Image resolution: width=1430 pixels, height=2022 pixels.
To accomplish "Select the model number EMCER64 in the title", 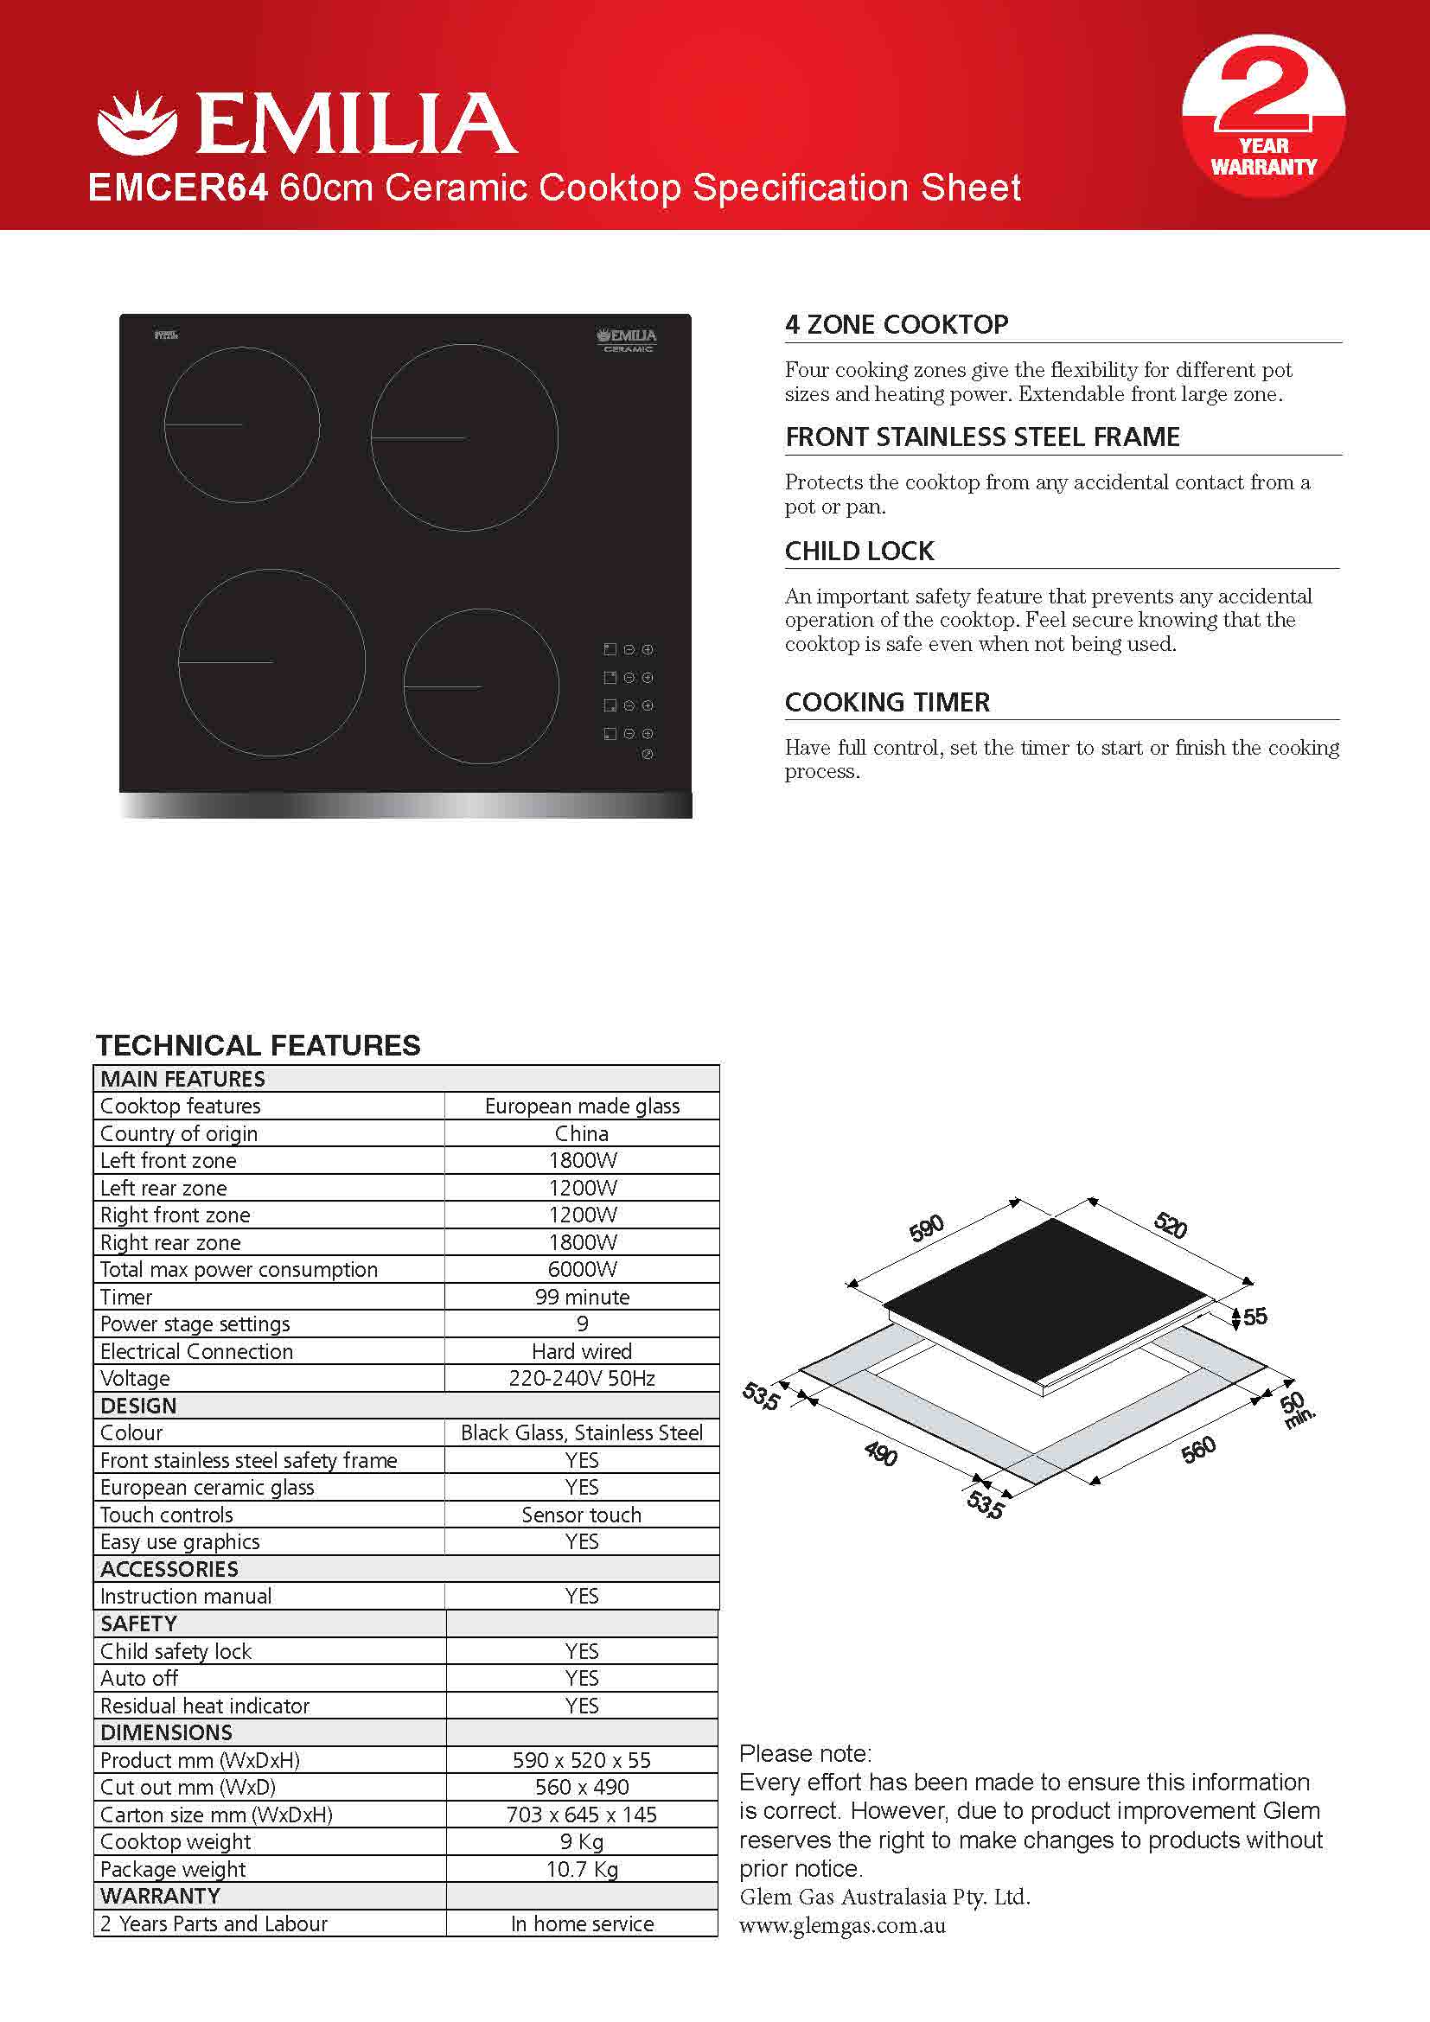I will pyautogui.click(x=178, y=188).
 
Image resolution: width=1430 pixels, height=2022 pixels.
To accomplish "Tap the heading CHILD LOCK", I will pyautogui.click(x=859, y=552).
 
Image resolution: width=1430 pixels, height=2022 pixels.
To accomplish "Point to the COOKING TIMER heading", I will pyautogui.click(x=887, y=702).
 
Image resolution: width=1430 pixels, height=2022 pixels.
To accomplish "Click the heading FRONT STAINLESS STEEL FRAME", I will pyautogui.click(x=982, y=437).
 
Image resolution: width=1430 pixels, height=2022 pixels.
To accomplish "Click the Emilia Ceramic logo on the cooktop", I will pyautogui.click(x=627, y=340).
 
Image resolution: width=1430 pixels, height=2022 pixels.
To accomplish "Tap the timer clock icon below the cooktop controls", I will pyautogui.click(x=648, y=755).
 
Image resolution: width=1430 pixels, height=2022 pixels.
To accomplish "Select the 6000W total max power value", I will pyautogui.click(x=582, y=1269).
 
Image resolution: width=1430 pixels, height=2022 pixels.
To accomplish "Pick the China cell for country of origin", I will pyautogui.click(x=582, y=1133).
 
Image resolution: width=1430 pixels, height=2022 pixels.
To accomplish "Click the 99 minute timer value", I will pyautogui.click(x=582, y=1297).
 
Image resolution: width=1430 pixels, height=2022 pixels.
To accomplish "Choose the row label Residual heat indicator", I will pyautogui.click(x=205, y=1706).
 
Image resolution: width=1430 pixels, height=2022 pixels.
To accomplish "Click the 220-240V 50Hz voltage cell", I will pyautogui.click(x=582, y=1378).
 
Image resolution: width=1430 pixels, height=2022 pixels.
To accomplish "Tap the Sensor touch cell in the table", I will pyautogui.click(x=582, y=1515).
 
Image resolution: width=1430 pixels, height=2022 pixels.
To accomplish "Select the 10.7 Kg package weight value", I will pyautogui.click(x=582, y=1869).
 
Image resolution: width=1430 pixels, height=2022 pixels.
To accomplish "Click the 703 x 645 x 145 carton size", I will pyautogui.click(x=582, y=1815).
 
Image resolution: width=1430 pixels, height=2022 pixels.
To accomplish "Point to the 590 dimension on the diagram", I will pyautogui.click(x=926, y=1228).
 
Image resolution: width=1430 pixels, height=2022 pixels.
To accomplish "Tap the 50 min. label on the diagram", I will pyautogui.click(x=1295, y=1410).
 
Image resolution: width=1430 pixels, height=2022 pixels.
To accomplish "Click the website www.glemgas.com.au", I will pyautogui.click(x=843, y=1926).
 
